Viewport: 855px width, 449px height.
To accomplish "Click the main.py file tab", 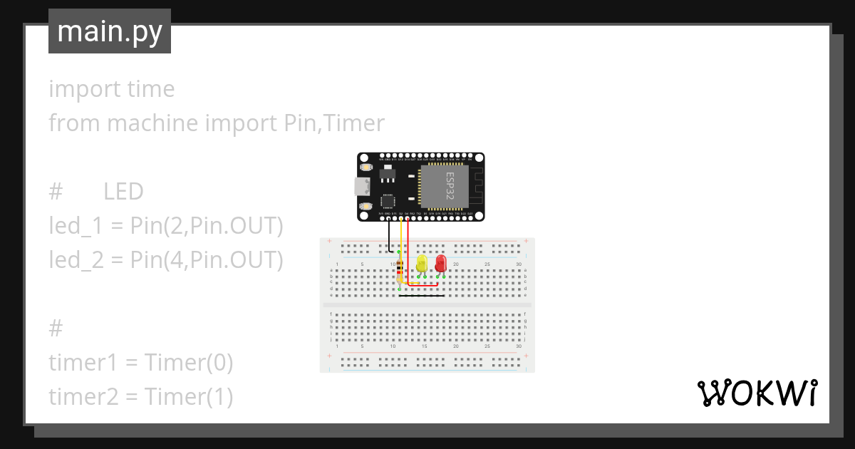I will [x=110, y=32].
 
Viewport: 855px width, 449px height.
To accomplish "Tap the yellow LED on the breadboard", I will [x=421, y=263].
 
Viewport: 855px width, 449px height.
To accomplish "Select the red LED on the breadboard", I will [x=440, y=263].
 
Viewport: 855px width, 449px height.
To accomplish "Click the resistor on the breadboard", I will [x=400, y=272].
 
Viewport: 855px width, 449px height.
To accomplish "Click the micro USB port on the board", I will [x=361, y=187].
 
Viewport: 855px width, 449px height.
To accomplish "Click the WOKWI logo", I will [x=757, y=393].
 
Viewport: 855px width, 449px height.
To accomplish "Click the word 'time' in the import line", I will [x=150, y=89].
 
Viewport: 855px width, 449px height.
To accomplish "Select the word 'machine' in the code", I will [x=152, y=123].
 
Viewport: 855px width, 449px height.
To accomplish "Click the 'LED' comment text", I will [x=123, y=192].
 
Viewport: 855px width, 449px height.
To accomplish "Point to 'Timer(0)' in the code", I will [x=189, y=363].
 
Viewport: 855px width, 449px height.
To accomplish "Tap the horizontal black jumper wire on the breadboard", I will [x=422, y=296].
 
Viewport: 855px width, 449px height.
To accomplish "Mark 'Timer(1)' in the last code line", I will [x=189, y=397].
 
